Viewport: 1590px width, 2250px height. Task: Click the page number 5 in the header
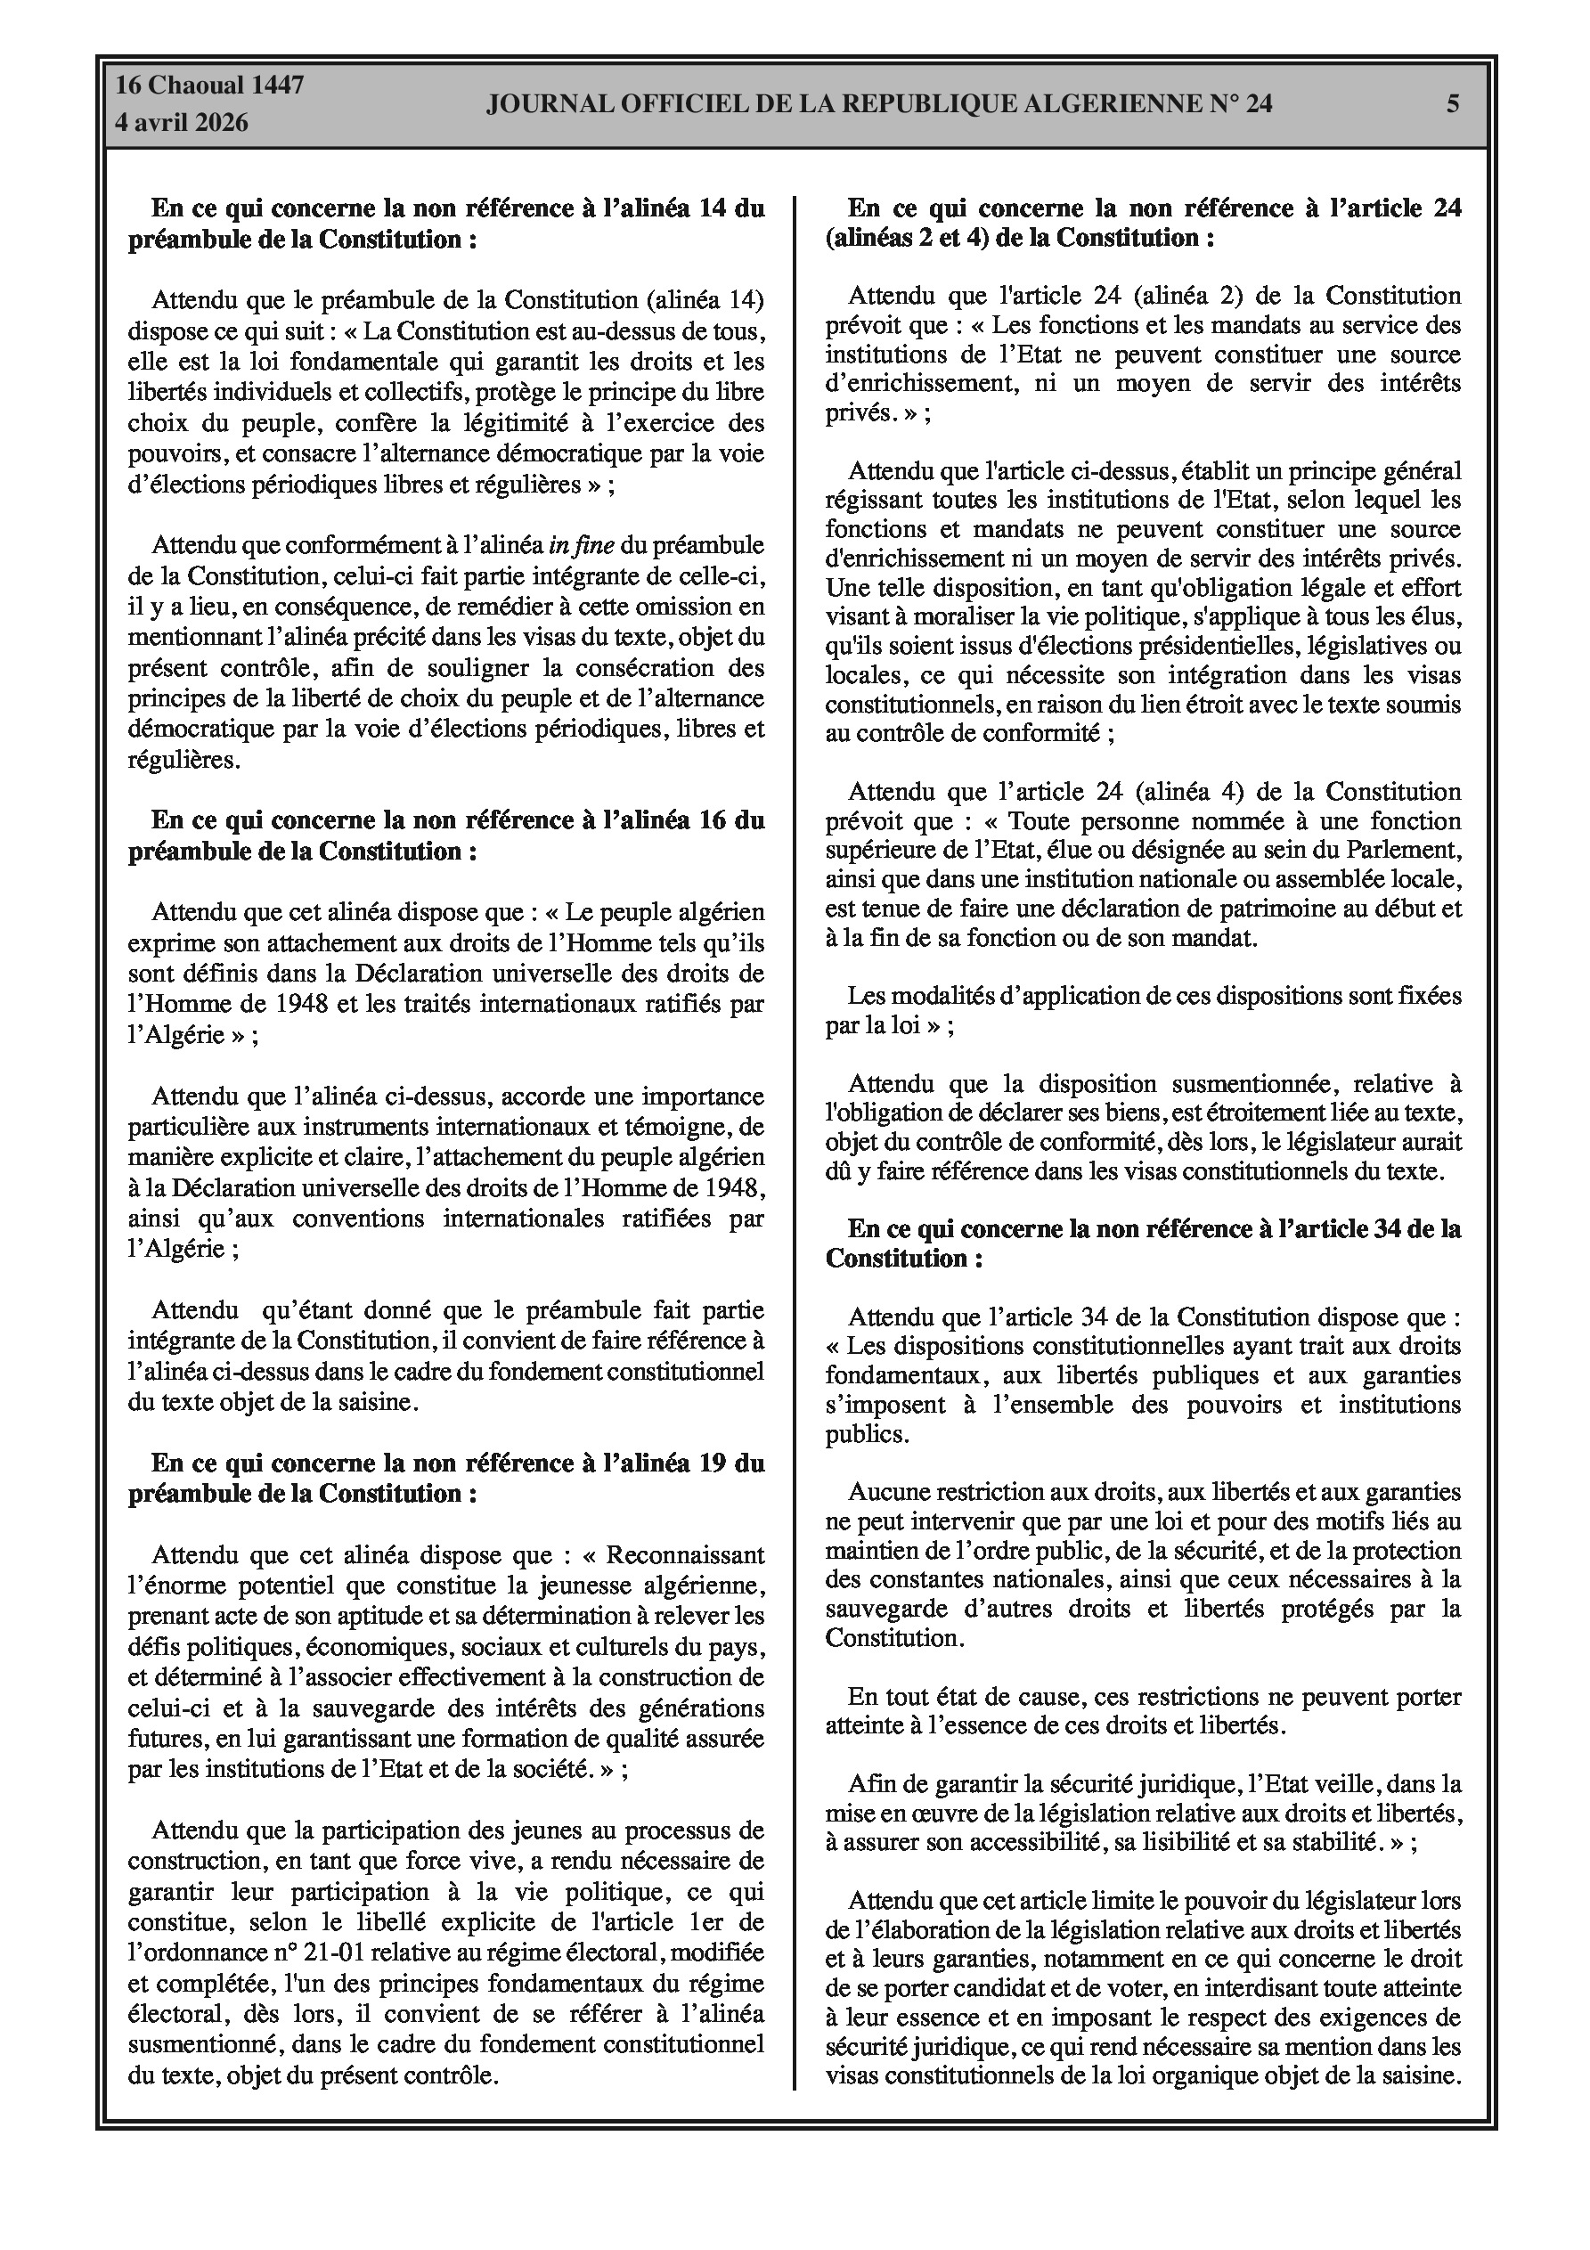[1453, 104]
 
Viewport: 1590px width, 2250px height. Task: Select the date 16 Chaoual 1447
[208, 86]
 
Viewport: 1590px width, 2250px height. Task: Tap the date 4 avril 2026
[182, 124]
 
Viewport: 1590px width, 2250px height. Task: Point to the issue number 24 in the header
[1259, 104]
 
